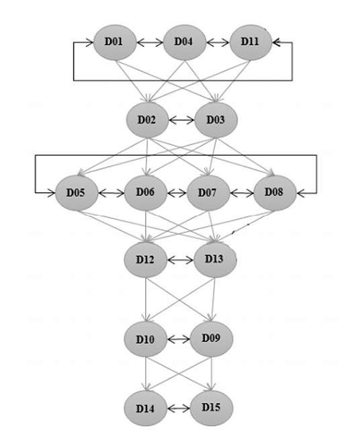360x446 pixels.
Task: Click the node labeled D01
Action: [x=115, y=42]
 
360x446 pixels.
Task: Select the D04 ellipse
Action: [x=184, y=42]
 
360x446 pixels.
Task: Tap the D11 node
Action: [x=251, y=42]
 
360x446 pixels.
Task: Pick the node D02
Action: [x=147, y=120]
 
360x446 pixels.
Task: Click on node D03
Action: [x=216, y=120]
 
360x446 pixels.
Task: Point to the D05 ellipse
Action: [x=77, y=193]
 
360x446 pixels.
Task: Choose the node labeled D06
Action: [x=146, y=193]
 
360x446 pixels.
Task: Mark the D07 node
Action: [x=208, y=193]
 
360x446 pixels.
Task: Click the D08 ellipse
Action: [x=275, y=193]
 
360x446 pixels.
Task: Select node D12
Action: [x=146, y=260]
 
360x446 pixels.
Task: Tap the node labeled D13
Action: [x=215, y=260]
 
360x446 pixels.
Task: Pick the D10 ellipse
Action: [x=146, y=339]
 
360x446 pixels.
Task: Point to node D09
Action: [x=212, y=339]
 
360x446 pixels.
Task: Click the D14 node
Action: [x=146, y=408]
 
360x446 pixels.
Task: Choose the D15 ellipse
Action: [x=212, y=408]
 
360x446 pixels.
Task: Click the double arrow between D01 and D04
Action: [x=150, y=43]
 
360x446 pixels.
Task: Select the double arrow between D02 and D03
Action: [x=182, y=120]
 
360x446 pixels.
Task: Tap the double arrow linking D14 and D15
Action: [x=179, y=409]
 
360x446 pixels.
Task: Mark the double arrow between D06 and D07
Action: [x=177, y=193]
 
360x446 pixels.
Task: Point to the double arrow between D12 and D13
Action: [x=180, y=260]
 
